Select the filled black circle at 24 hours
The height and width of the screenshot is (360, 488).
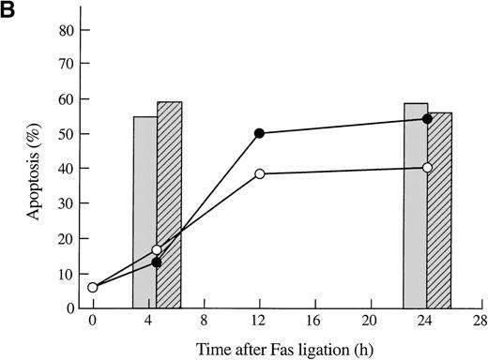coord(427,119)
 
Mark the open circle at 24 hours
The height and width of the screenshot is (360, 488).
coord(427,168)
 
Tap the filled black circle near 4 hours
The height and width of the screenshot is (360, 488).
coord(157,262)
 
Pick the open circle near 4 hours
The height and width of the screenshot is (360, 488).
coord(157,250)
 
